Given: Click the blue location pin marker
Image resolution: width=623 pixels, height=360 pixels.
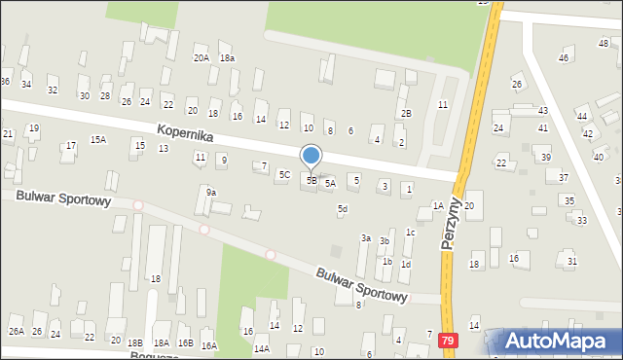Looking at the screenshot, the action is pyautogui.click(x=311, y=156).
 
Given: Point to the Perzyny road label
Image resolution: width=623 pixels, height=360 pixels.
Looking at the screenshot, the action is pyautogui.click(x=451, y=225).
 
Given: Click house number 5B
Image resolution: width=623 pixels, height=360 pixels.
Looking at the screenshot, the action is pyautogui.click(x=311, y=180).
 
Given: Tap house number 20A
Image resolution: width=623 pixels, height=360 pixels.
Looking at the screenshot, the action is pyautogui.click(x=201, y=58).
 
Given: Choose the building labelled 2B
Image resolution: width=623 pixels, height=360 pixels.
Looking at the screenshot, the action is pyautogui.click(x=406, y=114).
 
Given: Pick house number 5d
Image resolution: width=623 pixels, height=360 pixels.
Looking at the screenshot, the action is pyautogui.click(x=343, y=209).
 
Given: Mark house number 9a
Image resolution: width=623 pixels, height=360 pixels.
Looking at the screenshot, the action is pyautogui.click(x=210, y=193).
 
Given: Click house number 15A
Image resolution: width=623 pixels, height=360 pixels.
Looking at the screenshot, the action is pyautogui.click(x=98, y=139).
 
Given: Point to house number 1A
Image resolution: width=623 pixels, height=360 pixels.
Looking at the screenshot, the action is pyautogui.click(x=438, y=205).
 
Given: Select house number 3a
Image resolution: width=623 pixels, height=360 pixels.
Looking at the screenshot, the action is pyautogui.click(x=366, y=237).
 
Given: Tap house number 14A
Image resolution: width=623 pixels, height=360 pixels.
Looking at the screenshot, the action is pyautogui.click(x=261, y=348).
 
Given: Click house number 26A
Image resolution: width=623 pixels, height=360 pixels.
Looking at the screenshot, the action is pyautogui.click(x=17, y=332).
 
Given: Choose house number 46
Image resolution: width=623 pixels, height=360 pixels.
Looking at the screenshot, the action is pyautogui.click(x=564, y=59).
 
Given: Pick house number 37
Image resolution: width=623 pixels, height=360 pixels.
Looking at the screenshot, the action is pyautogui.click(x=563, y=177).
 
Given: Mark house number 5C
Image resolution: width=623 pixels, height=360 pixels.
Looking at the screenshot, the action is pyautogui.click(x=284, y=175).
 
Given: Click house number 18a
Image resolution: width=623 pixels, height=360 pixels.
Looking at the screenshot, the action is pyautogui.click(x=227, y=58).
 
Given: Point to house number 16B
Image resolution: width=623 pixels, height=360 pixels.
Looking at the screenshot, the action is pyautogui.click(x=185, y=343).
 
